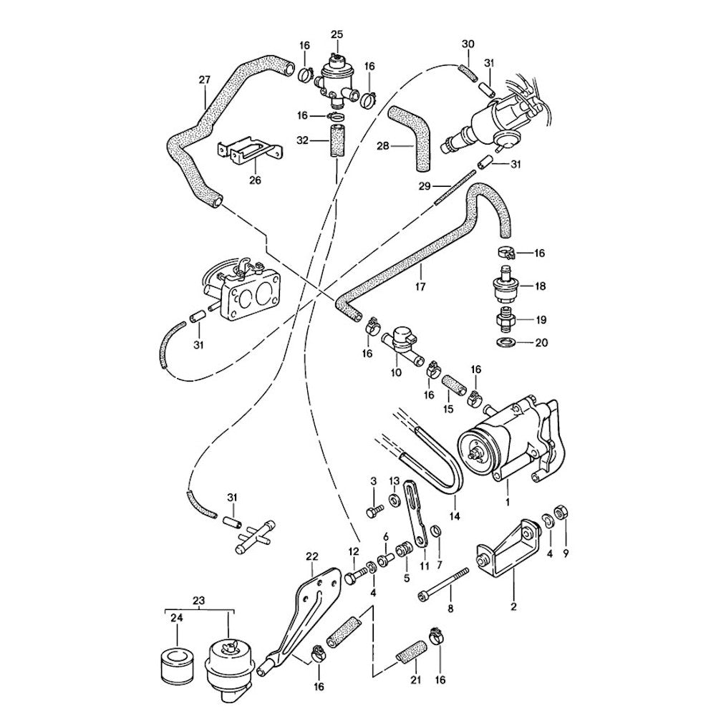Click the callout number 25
pyautogui.click(x=337, y=34)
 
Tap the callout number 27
pyautogui.click(x=204, y=81)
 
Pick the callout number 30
pyautogui.click(x=468, y=44)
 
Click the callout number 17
pyautogui.click(x=420, y=287)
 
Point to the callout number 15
pyautogui.click(x=448, y=410)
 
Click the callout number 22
pyautogui.click(x=311, y=556)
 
